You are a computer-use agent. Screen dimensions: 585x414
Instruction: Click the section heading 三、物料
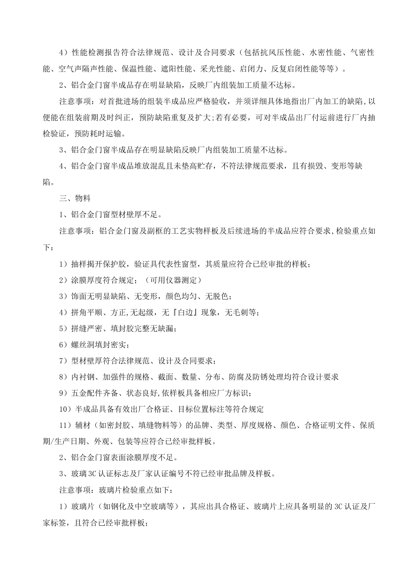tap(75, 198)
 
